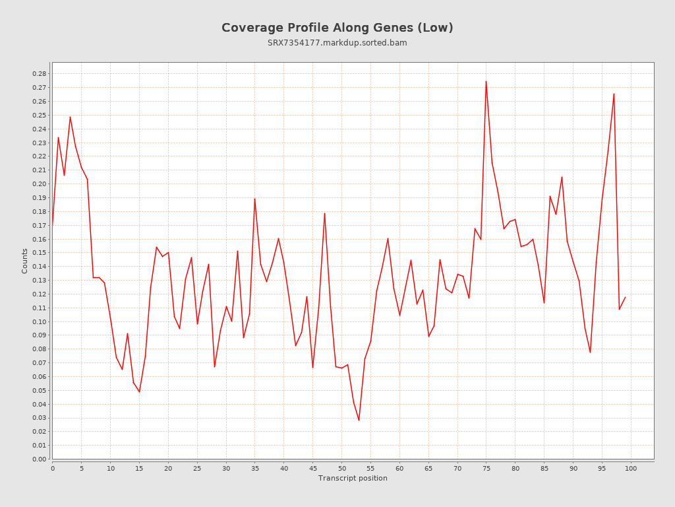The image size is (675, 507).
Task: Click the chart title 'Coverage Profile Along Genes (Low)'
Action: [337, 28]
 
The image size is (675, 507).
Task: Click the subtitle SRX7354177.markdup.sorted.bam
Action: [337, 43]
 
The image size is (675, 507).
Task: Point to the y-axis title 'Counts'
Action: [25, 261]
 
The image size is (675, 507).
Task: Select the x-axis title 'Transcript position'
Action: [353, 478]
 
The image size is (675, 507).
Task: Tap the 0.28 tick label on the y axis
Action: [40, 74]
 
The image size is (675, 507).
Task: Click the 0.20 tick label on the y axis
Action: [40, 184]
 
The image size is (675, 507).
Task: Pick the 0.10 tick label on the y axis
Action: [40, 321]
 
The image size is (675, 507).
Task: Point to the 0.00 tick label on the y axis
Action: [40, 459]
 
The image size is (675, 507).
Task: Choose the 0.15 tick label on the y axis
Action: [40, 253]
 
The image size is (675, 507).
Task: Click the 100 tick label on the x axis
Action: [631, 469]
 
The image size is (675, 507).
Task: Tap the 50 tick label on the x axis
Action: [341, 469]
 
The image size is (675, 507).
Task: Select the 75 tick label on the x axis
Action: [486, 469]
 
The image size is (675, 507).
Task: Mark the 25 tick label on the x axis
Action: [197, 469]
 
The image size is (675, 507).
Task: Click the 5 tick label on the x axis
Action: [82, 469]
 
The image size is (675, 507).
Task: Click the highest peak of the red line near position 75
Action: [486, 81]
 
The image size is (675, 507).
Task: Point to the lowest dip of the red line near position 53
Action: [359, 420]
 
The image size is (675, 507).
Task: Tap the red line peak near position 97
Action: [614, 94]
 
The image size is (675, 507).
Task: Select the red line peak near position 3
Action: [70, 117]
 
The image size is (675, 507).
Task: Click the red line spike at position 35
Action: [254, 199]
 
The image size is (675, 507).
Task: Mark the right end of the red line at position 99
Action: [625, 297]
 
